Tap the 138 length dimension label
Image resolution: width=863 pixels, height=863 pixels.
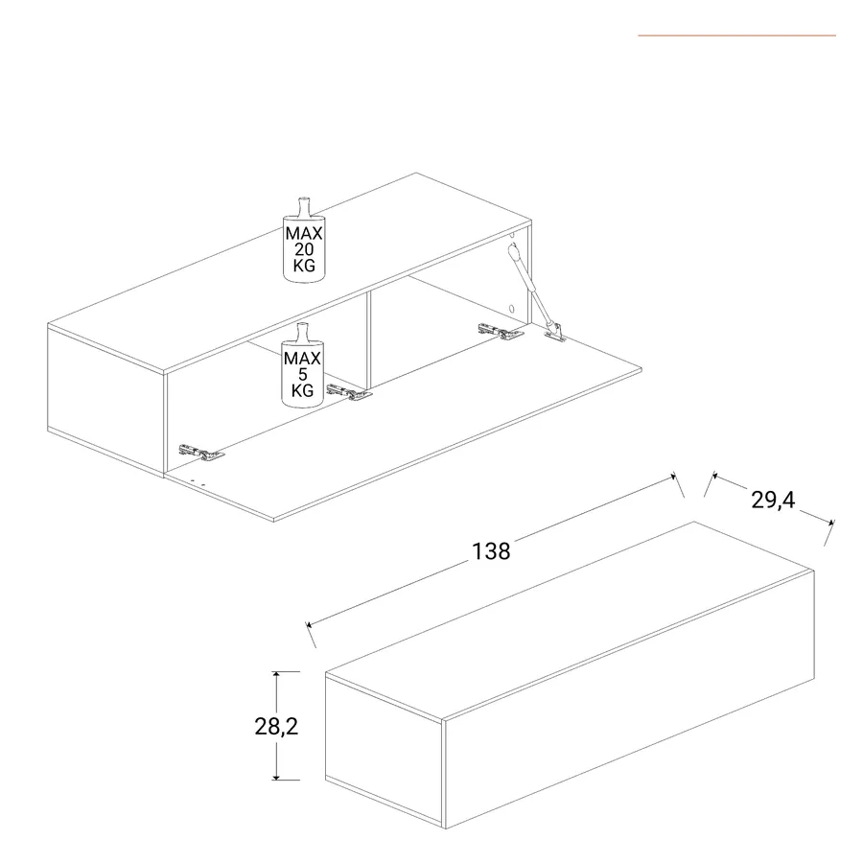coord(492,551)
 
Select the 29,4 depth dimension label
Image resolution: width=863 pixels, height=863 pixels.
coord(773,500)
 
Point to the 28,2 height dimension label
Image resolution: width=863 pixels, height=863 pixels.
coord(276,727)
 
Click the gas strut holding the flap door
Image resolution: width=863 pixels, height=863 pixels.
coord(531,286)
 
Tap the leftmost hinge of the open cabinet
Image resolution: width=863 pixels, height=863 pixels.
coord(201,453)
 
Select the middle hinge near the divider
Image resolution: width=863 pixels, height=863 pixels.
coord(349,392)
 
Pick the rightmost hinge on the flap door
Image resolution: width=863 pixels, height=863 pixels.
coord(501,332)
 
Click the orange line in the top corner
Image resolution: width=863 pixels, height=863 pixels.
coord(737,35)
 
